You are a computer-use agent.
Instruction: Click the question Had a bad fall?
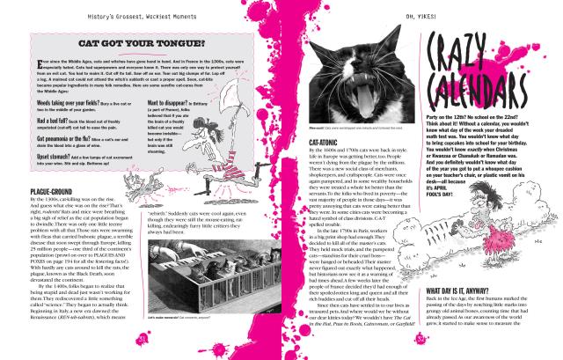(48, 119)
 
